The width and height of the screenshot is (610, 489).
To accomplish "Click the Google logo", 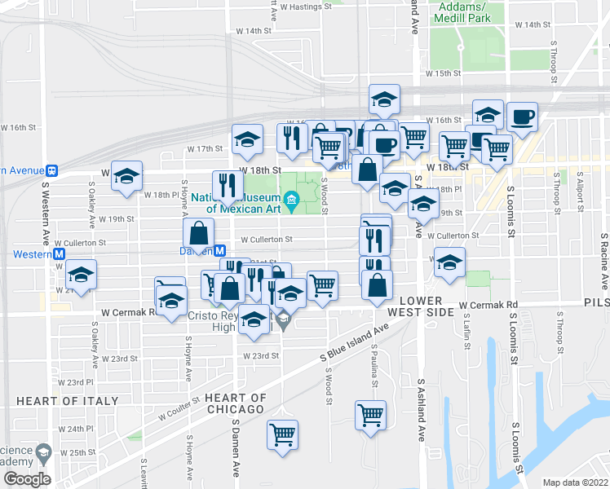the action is (x=27, y=478).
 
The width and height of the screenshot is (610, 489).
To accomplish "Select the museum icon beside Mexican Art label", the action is (x=292, y=200).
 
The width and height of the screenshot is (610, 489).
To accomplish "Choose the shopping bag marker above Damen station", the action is (x=198, y=233).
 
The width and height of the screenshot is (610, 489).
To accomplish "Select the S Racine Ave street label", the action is (x=604, y=262).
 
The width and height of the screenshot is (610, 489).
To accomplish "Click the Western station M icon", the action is (x=60, y=254).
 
